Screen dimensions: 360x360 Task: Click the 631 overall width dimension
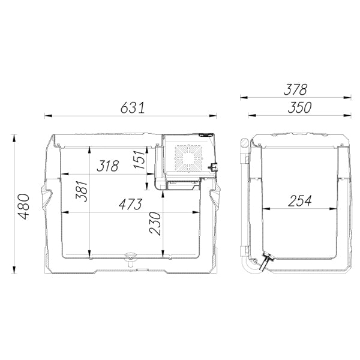click(133, 108)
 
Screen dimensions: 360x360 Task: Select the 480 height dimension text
click(24, 206)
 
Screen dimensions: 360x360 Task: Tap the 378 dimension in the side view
click(295, 89)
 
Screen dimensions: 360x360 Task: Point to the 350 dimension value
click(299, 107)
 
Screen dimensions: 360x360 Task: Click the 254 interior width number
click(299, 200)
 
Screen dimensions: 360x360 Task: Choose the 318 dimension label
click(107, 166)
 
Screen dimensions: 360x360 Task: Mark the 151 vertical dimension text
click(140, 160)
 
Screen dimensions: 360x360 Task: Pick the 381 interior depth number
click(82, 191)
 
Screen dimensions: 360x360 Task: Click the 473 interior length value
click(130, 204)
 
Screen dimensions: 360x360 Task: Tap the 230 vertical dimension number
click(155, 223)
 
